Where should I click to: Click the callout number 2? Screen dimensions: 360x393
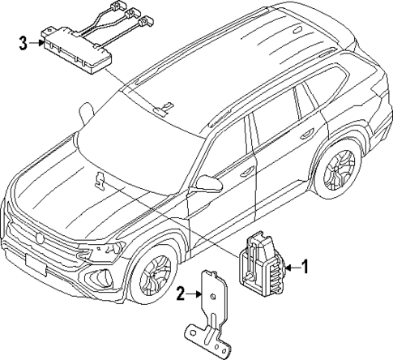click(182, 293)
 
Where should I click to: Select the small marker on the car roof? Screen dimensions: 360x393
click(165, 106)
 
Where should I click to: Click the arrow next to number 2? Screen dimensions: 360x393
click(195, 293)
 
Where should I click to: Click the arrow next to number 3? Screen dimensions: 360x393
click(36, 43)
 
